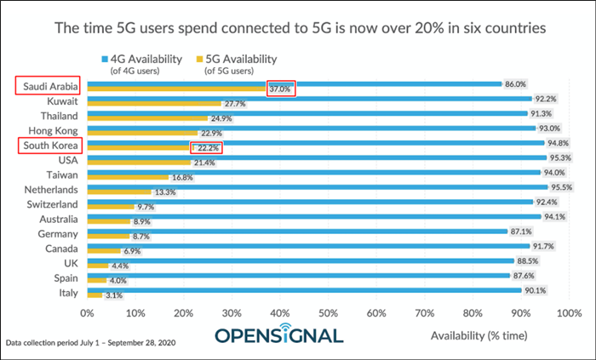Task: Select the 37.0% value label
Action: coord(280,89)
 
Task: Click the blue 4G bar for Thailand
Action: coord(298,112)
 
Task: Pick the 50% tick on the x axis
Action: coord(328,313)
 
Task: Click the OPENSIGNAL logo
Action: coord(278,334)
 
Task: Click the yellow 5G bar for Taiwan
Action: coord(127,177)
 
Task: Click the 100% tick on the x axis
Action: coord(569,313)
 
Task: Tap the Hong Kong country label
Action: coord(53,130)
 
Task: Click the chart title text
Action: coord(298,28)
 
